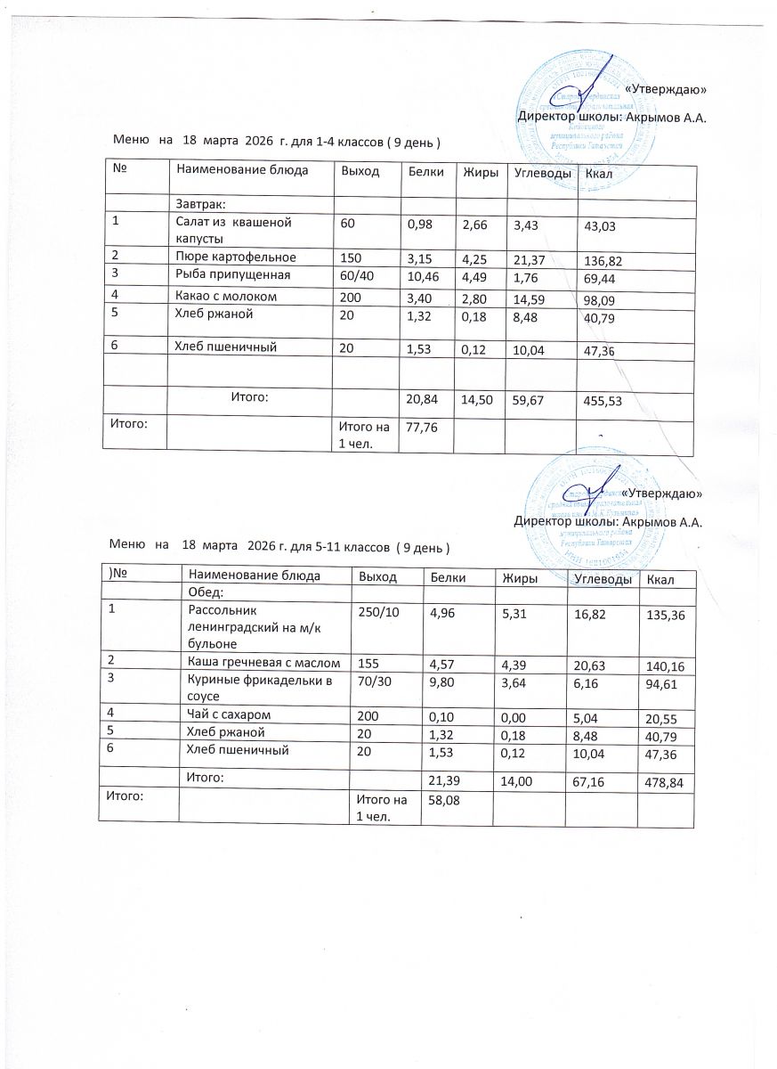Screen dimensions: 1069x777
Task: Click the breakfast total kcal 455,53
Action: point(602,402)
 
